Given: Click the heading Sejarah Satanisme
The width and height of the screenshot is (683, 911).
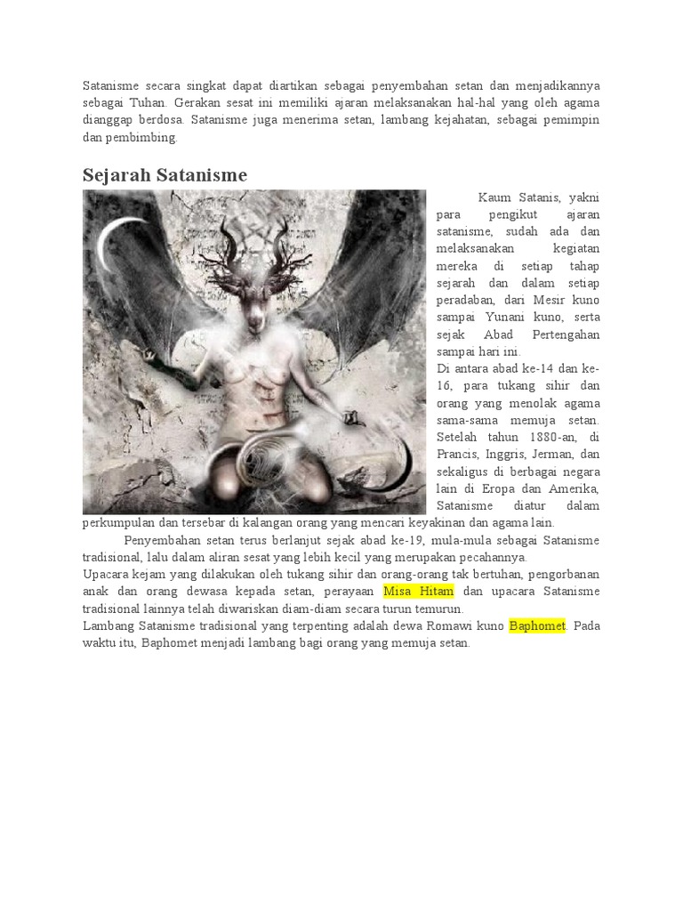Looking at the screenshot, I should coord(165,175).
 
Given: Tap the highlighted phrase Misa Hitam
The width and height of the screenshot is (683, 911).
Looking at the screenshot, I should coord(418,592).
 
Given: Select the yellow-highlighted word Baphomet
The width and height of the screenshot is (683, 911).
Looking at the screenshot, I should coord(537,625).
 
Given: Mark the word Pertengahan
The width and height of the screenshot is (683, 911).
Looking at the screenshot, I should coord(566,335).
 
